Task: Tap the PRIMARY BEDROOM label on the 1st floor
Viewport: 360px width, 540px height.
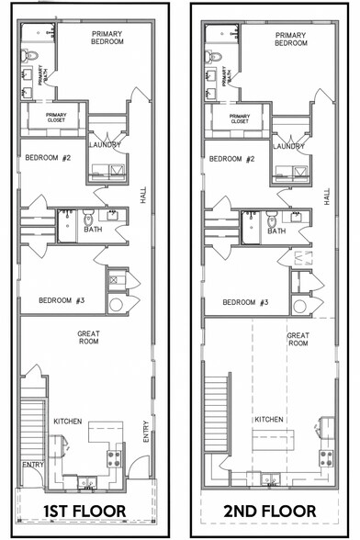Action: click(113, 39)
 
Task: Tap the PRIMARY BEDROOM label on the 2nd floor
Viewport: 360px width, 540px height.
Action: click(290, 39)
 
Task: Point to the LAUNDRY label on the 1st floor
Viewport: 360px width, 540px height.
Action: click(105, 146)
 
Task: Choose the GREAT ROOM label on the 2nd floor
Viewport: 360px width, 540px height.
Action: click(298, 339)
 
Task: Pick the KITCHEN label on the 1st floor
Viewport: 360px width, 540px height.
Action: click(68, 422)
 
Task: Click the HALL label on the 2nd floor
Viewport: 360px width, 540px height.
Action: click(326, 197)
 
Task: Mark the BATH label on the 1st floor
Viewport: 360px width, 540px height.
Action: click(93, 231)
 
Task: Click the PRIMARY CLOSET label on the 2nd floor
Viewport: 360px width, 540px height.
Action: click(240, 118)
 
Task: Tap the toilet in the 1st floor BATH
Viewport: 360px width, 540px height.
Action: click(88, 219)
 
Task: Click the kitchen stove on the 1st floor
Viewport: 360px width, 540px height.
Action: click(116, 456)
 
